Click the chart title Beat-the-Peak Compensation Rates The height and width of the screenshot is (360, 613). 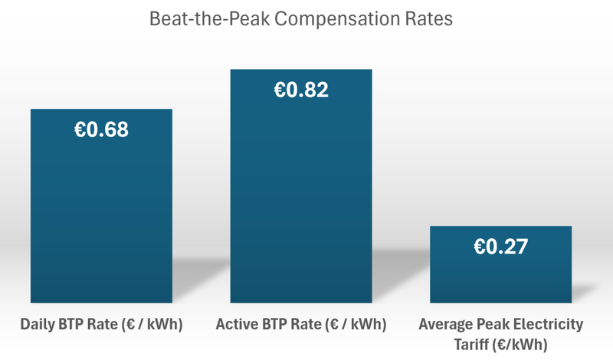(x=306, y=20)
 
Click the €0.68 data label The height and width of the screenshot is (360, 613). (x=101, y=129)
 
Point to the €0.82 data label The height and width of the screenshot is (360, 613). (x=301, y=90)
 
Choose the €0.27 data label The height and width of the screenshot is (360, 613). (x=501, y=247)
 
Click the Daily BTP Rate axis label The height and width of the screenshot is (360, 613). (x=101, y=324)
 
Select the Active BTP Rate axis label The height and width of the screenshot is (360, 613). (x=301, y=324)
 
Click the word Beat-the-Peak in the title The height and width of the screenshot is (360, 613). (x=209, y=20)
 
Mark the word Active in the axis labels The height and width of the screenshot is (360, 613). (x=235, y=324)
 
